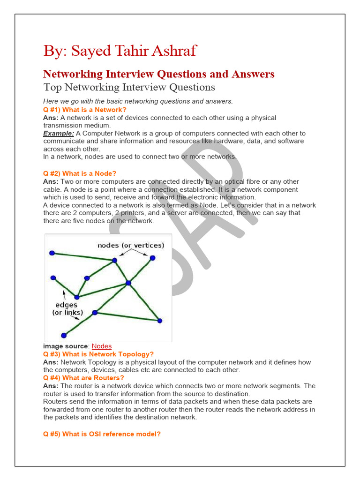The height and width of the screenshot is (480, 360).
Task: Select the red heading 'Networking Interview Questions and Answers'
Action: click(x=159, y=74)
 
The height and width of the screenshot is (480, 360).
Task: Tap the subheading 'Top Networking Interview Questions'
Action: click(x=129, y=87)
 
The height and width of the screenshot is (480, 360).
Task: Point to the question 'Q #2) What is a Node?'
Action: click(x=80, y=173)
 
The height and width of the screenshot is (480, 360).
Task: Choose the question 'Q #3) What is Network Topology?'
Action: click(x=98, y=354)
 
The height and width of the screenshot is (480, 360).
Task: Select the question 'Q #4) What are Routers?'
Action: click(x=83, y=378)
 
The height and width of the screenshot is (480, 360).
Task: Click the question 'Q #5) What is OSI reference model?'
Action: click(x=102, y=434)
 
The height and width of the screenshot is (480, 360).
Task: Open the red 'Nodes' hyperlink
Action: click(x=102, y=346)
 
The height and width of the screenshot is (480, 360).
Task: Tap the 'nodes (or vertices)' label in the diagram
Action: click(x=131, y=245)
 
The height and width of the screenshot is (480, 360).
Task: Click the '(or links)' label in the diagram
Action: click(x=67, y=313)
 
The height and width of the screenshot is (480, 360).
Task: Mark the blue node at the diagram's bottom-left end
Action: click(x=64, y=335)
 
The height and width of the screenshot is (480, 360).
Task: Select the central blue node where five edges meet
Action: click(x=128, y=283)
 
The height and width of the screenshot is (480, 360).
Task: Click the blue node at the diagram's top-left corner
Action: click(x=52, y=253)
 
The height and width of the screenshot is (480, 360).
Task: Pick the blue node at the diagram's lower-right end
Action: click(x=159, y=321)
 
